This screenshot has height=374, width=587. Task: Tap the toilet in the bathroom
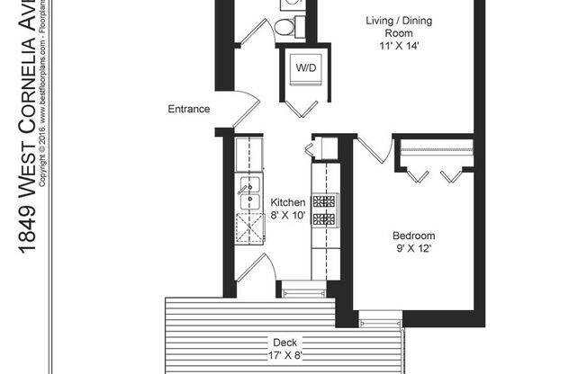click(x=284, y=29)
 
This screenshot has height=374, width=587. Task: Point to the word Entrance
click(x=189, y=110)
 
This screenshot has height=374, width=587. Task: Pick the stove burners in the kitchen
click(x=324, y=209)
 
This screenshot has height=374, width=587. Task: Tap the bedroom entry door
click(x=373, y=149)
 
